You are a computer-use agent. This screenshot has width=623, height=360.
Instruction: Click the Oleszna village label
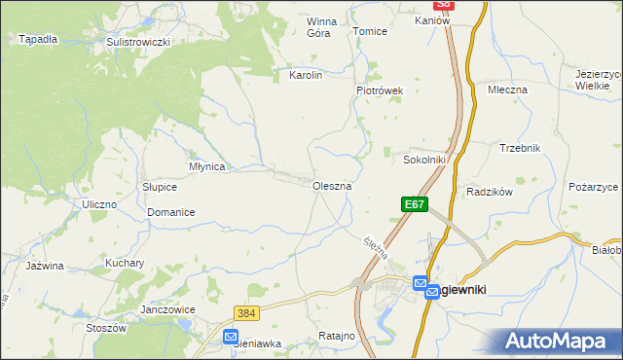[x=332, y=185]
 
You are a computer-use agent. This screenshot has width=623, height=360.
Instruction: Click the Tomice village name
[x=370, y=31]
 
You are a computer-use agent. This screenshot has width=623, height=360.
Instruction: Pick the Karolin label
[x=306, y=74]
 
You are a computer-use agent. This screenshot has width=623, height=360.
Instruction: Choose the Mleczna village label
[x=507, y=90]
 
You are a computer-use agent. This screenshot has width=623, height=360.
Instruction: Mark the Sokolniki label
[x=424, y=160]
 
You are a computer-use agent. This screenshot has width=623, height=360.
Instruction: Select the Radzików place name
[x=490, y=193]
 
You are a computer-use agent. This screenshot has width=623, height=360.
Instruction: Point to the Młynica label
[x=207, y=166]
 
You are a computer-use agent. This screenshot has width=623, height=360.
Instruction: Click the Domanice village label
[x=171, y=212]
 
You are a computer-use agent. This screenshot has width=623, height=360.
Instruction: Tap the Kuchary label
[x=126, y=263]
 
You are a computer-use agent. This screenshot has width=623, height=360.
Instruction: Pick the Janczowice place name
[x=168, y=309]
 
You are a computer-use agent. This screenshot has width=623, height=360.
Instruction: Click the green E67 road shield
[x=414, y=204]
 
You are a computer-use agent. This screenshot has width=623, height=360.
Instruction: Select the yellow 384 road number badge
[x=246, y=313]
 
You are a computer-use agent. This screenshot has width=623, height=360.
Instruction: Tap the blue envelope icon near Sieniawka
[x=230, y=337]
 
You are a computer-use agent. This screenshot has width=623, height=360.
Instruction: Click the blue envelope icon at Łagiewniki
[x=421, y=284]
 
